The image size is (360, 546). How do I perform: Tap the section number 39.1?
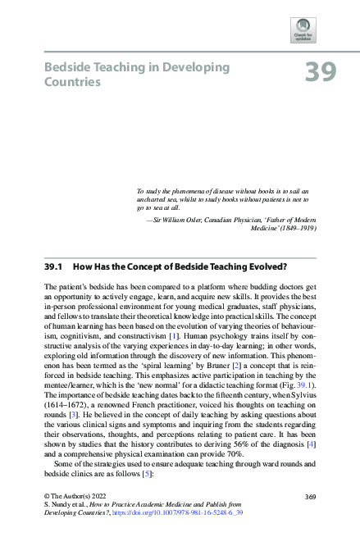click(x=53, y=266)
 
